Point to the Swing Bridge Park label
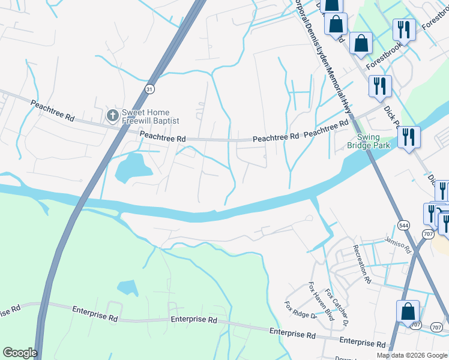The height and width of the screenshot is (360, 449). tap(369, 141)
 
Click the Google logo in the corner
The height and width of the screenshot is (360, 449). tap(20, 353)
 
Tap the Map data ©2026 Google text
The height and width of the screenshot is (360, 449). tap(412, 355)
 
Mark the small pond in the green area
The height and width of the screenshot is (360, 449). tap(127, 287)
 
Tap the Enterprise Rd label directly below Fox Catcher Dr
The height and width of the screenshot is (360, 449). tap(362, 343)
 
